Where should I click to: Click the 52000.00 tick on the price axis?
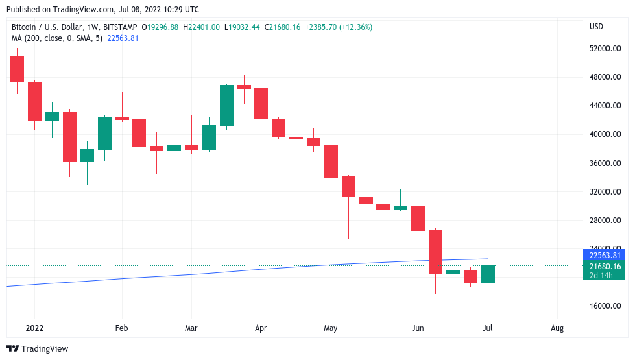[605, 49]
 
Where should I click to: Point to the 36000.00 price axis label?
[605, 163]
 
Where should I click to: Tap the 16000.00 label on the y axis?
[605, 306]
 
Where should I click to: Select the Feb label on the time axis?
[121, 328]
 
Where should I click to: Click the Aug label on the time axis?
[557, 328]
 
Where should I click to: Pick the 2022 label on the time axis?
[34, 328]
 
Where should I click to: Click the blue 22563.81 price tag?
[605, 255]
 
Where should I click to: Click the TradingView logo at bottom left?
[37, 349]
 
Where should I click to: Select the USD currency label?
[596, 27]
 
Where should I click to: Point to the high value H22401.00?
[202, 27]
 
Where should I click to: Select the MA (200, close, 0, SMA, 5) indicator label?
[56, 38]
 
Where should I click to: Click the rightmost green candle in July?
[488, 274]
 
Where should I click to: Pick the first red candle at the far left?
[17, 69]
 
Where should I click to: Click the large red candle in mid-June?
[435, 252]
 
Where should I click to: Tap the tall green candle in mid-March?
[226, 105]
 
